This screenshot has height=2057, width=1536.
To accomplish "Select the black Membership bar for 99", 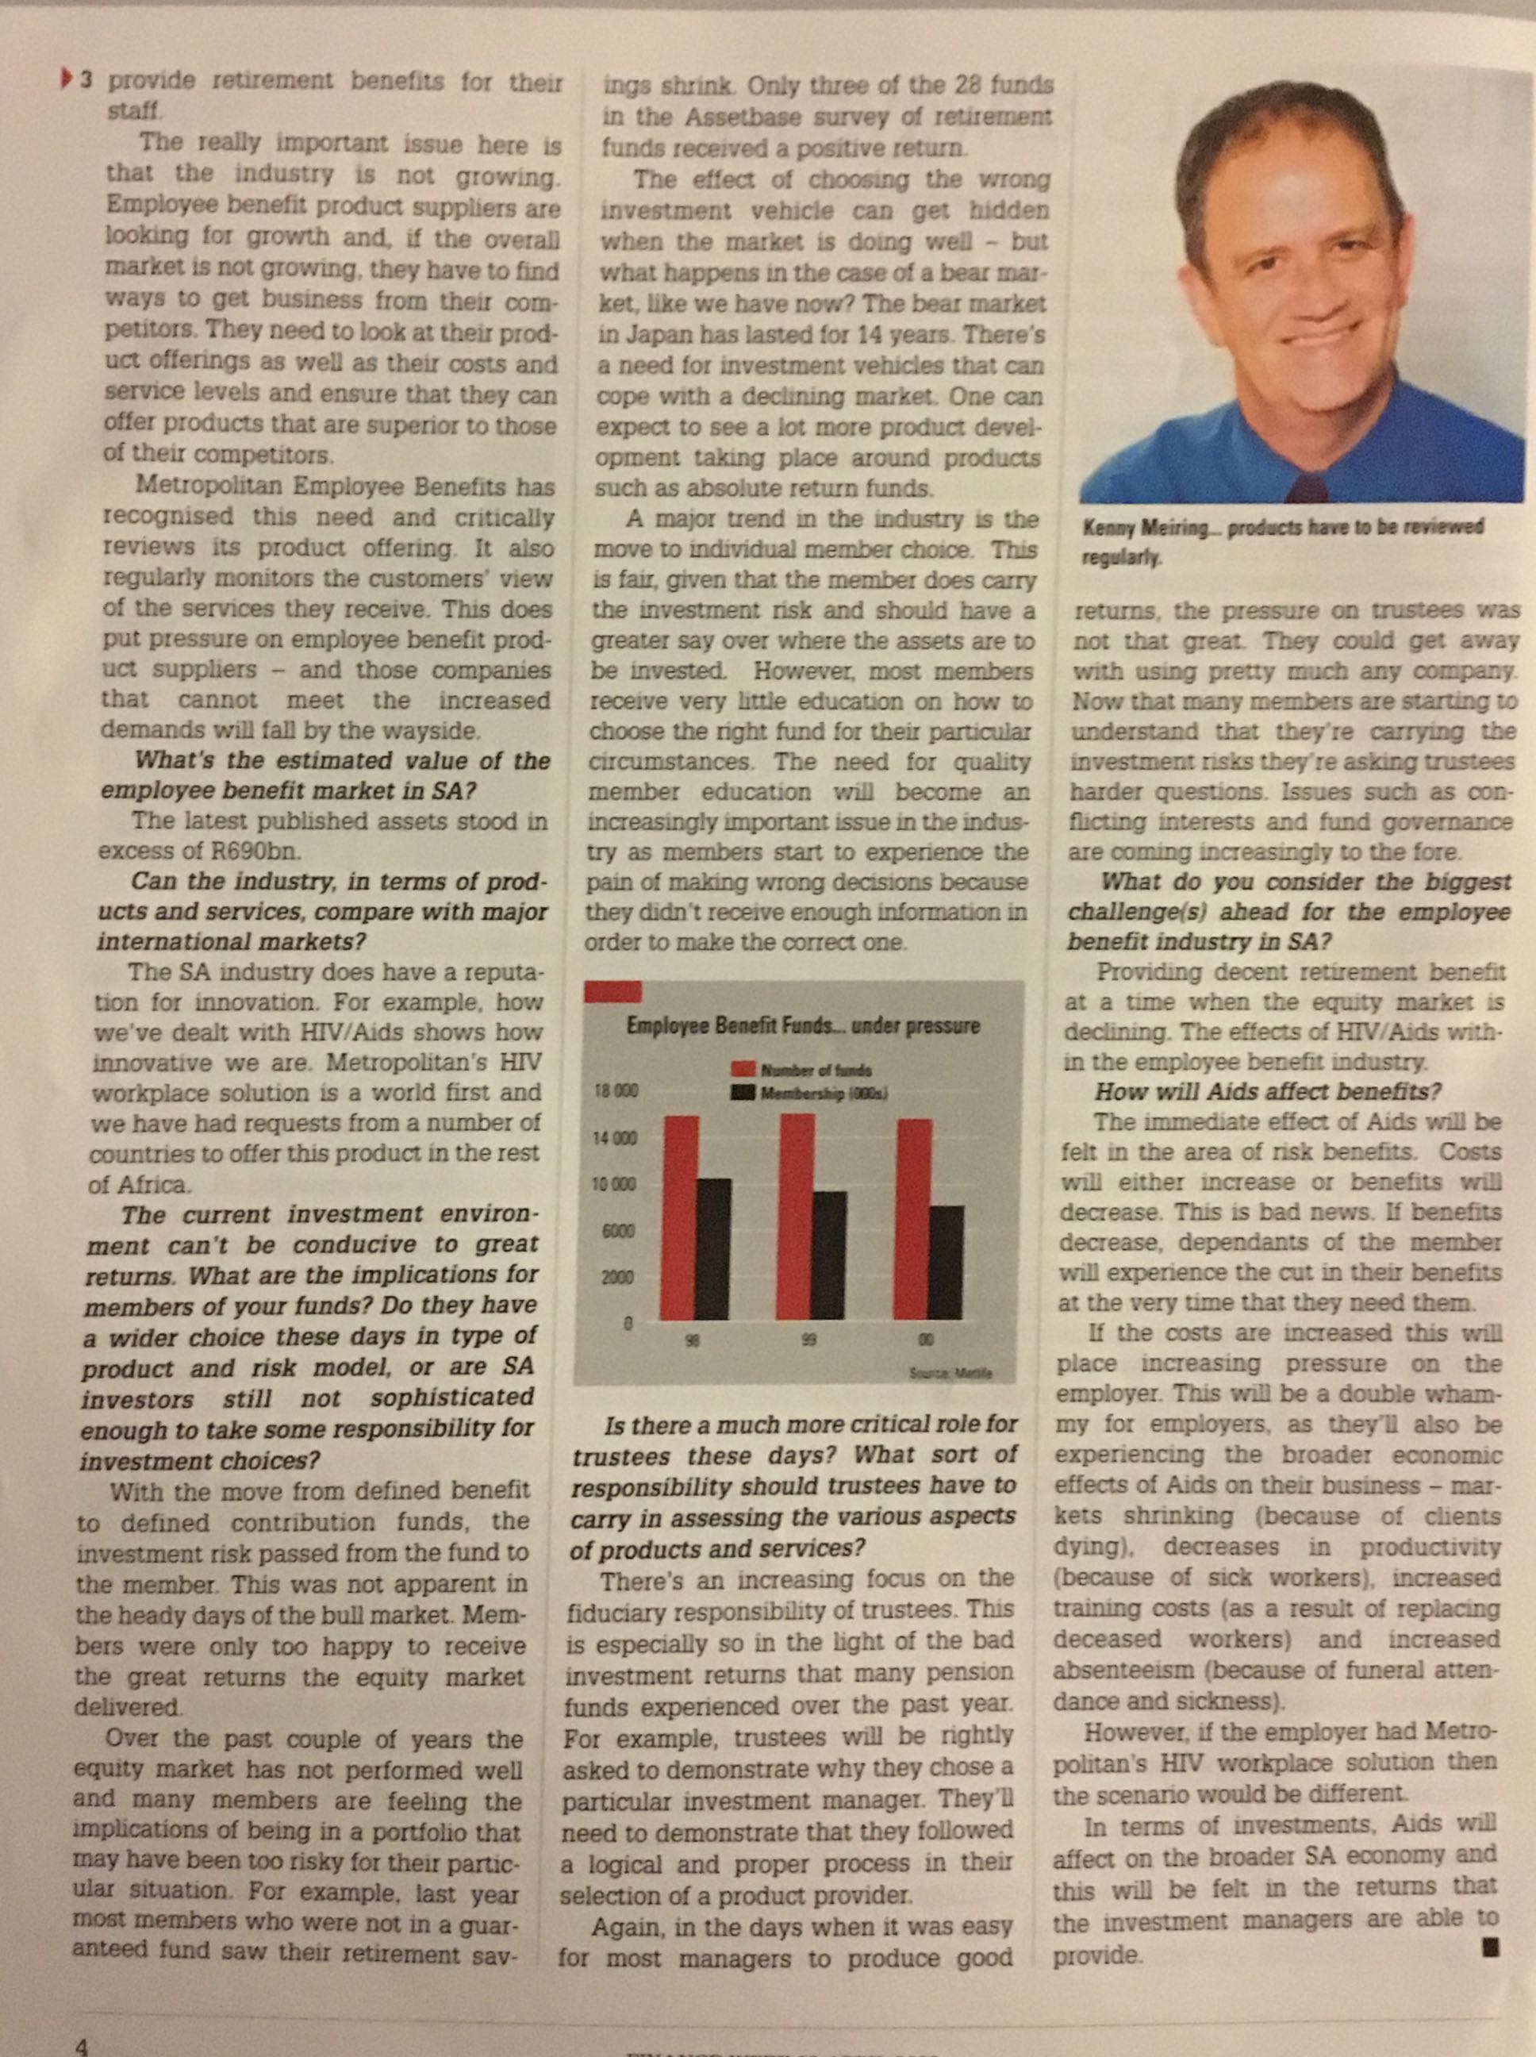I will (x=829, y=1255).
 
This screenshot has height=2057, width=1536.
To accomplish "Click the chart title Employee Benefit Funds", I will (x=804, y=1027).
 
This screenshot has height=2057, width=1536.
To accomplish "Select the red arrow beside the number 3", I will (x=66, y=80).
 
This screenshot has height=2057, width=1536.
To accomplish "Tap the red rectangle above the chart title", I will (x=612, y=991).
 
